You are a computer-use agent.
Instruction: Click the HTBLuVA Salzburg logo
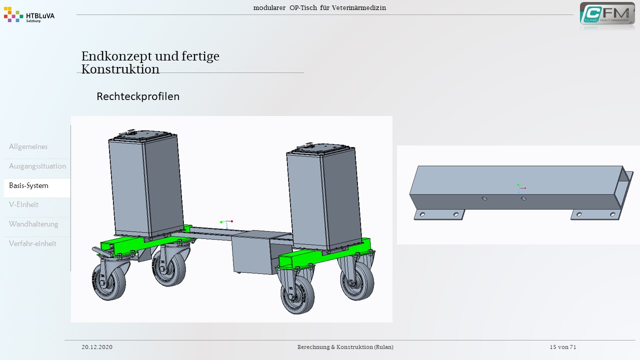pyautogui.click(x=29, y=15)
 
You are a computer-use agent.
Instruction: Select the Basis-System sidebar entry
pyautogui.click(x=28, y=185)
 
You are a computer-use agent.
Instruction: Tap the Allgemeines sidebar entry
pyautogui.click(x=28, y=146)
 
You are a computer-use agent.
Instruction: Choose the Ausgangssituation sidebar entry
pyautogui.click(x=37, y=166)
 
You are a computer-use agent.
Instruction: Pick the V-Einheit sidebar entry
pyautogui.click(x=23, y=204)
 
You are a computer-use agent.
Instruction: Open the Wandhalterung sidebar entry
pyautogui.click(x=33, y=224)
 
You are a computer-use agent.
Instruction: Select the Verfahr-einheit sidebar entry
pyautogui.click(x=32, y=243)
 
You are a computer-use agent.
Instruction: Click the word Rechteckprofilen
pyautogui.click(x=138, y=96)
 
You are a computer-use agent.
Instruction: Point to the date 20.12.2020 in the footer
pyautogui.click(x=97, y=347)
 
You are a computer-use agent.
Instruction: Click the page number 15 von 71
pyautogui.click(x=563, y=347)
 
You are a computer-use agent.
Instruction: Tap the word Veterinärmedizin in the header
pyautogui.click(x=359, y=7)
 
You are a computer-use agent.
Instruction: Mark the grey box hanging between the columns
pyautogui.click(x=251, y=252)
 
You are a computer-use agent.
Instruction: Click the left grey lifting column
pyautogui.click(x=145, y=184)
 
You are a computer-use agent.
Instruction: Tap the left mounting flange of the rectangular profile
pyautogui.click(x=439, y=214)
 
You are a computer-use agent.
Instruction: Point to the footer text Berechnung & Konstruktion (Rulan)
pyautogui.click(x=345, y=347)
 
